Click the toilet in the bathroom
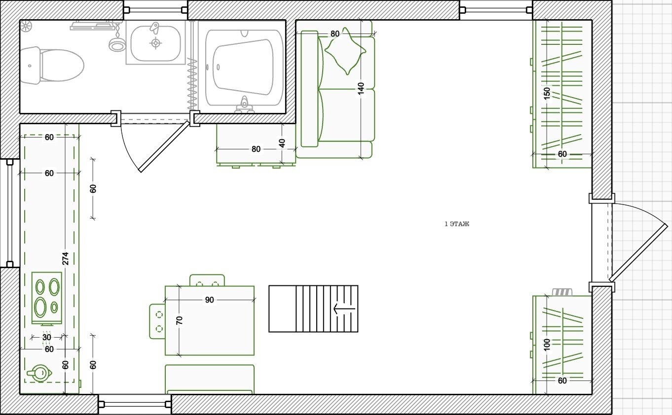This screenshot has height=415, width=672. pyautogui.click(x=52, y=66)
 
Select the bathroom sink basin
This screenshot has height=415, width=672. pyautogui.click(x=156, y=43)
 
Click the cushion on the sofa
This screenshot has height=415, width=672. pyautogui.click(x=345, y=51)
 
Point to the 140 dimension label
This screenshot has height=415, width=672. pyautogui.click(x=361, y=88)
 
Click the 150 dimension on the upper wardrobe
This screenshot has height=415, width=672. pyautogui.click(x=547, y=94)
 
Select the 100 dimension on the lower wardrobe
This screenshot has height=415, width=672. pyautogui.click(x=547, y=345)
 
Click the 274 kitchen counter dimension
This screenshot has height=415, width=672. pyautogui.click(x=65, y=258)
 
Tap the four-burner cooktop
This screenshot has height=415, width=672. pyautogui.click(x=47, y=298)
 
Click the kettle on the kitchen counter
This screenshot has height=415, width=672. pyautogui.click(x=39, y=373)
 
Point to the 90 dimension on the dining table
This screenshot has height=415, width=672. pyautogui.click(x=209, y=300)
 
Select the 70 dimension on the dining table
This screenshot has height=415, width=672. pyautogui.click(x=180, y=320)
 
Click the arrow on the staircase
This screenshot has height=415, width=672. pyautogui.click(x=344, y=309)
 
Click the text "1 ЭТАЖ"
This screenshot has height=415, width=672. pyautogui.click(x=456, y=224)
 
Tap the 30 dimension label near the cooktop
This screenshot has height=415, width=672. pyautogui.click(x=46, y=337)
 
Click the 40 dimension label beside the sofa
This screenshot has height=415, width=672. pyautogui.click(x=282, y=143)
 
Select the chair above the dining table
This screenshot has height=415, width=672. pyautogui.click(x=207, y=280)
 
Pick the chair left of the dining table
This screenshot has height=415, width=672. pyautogui.click(x=157, y=321)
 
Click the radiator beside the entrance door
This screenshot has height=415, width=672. pyautogui.click(x=562, y=292)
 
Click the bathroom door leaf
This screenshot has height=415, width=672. pyautogui.click(x=165, y=146)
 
